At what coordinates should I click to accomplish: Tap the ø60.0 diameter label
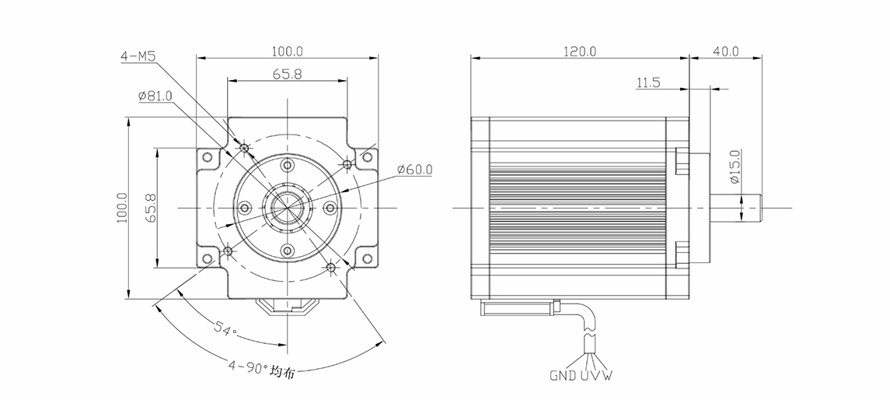414,169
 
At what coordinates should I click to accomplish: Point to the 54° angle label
225,331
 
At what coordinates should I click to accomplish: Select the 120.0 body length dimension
580,51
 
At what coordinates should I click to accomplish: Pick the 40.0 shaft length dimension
724,51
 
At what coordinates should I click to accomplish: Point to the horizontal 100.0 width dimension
288,51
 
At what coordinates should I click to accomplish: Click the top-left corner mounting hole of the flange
207,158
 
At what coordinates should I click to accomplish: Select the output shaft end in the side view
752,209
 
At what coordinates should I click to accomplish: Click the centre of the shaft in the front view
287,209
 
